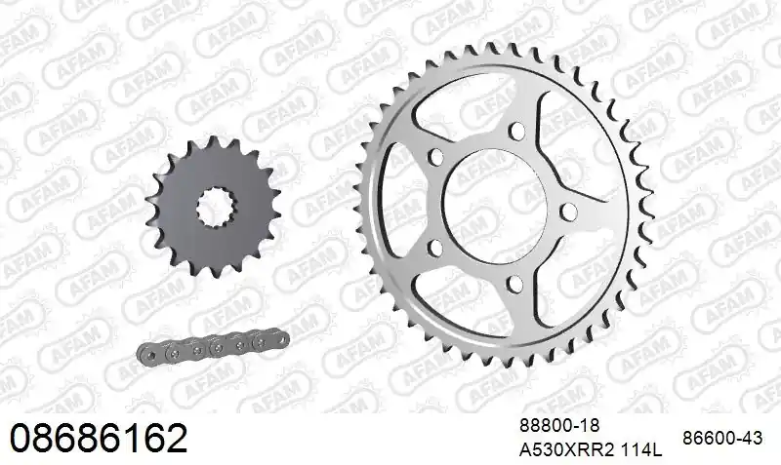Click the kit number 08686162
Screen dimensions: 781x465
tap(99, 438)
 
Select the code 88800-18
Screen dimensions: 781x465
tap(559, 426)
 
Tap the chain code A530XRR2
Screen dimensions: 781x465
tap(568, 450)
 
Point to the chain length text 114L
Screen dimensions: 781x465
tap(642, 450)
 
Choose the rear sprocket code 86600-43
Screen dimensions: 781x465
tap(722, 438)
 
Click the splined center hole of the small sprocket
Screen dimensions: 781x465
tap(216, 207)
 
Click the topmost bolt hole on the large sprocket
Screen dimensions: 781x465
tap(517, 131)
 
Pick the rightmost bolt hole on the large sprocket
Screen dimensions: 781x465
tap(566, 211)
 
